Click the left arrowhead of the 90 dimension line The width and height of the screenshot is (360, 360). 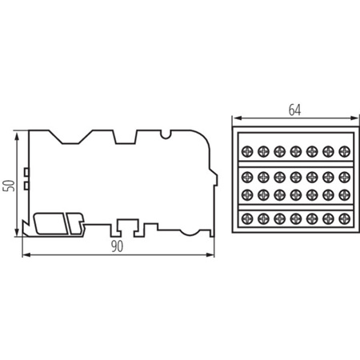[x=22, y=255]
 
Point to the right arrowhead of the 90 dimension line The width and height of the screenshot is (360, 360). [x=214, y=255]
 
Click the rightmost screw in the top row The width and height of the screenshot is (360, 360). [x=345, y=150]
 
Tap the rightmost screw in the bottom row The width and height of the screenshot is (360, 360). [x=345, y=218]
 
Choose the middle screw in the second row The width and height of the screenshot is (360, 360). [x=295, y=175]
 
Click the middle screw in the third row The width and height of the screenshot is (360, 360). [x=295, y=194]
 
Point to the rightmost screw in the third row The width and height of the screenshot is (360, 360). [x=345, y=194]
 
